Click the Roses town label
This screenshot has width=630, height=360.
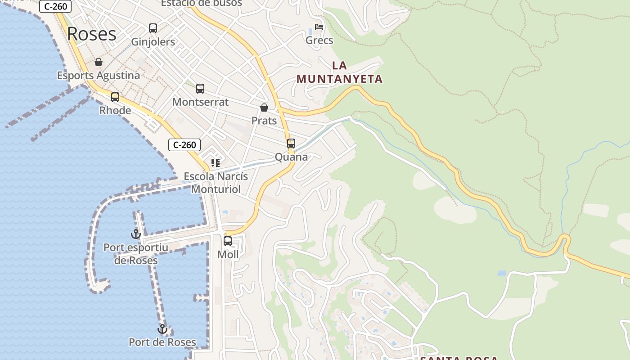[92, 34]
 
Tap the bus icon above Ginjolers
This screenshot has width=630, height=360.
[153, 28]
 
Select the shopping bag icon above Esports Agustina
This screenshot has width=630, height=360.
[99, 62]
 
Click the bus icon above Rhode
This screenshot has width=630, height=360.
[115, 97]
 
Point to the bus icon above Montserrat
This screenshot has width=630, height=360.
[200, 89]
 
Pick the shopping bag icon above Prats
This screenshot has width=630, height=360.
[264, 108]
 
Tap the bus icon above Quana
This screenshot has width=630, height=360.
[291, 144]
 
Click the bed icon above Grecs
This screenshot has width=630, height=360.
[319, 27]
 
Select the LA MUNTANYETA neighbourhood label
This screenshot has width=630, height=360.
[339, 72]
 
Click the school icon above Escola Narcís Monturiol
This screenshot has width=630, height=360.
[216, 162]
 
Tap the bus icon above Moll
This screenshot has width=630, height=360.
[228, 241]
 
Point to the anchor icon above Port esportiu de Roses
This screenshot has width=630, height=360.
[136, 234]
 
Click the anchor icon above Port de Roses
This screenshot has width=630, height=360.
[162, 329]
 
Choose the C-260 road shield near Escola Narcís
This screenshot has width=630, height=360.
[184, 145]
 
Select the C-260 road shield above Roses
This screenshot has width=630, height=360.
[56, 6]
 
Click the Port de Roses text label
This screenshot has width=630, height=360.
[162, 342]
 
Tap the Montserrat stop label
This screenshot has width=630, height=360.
[200, 102]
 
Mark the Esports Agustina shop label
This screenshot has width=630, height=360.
[99, 76]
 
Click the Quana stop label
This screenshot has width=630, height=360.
[292, 157]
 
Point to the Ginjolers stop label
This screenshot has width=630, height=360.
[153, 42]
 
